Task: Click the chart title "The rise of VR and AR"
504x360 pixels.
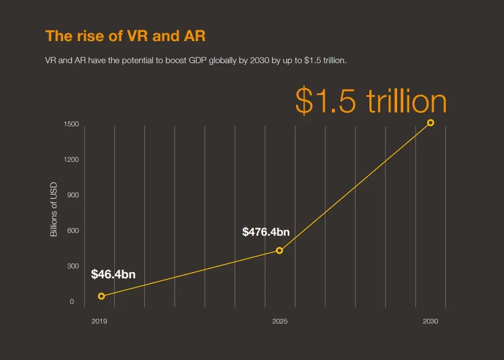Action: click(x=125, y=36)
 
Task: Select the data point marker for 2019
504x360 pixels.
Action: click(x=101, y=296)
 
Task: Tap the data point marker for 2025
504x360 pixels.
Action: click(x=279, y=251)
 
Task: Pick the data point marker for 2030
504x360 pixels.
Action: click(x=431, y=123)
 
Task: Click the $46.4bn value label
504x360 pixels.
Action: click(x=113, y=274)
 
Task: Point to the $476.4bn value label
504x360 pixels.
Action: click(x=266, y=232)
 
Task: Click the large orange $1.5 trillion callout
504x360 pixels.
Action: click(x=371, y=101)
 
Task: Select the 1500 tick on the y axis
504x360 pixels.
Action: click(x=71, y=124)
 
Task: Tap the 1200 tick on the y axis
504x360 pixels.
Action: click(x=71, y=160)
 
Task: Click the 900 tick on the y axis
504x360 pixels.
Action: click(x=72, y=195)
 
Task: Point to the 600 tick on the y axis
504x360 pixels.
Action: click(x=72, y=231)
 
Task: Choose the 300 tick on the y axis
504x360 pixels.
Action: click(x=72, y=266)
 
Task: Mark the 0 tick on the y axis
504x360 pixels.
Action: click(x=72, y=301)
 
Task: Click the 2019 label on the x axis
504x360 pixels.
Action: click(x=99, y=321)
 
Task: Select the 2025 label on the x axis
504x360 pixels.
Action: click(x=280, y=321)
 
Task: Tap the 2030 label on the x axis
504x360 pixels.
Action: click(x=431, y=321)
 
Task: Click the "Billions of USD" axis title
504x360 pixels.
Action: click(x=53, y=210)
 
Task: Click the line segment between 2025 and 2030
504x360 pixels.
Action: click(x=355, y=187)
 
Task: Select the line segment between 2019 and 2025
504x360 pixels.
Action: click(x=190, y=274)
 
